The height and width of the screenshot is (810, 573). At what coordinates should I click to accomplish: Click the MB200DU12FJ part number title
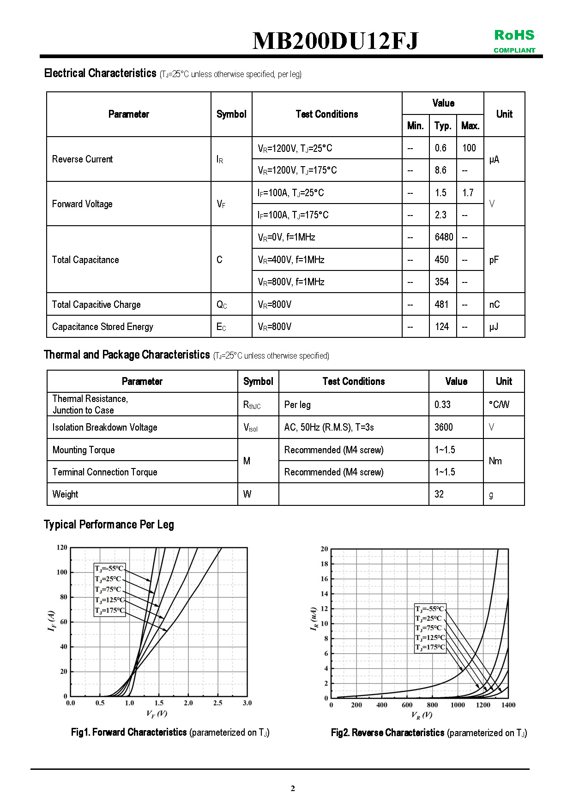335,41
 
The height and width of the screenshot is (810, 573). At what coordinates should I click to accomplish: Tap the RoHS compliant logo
514,41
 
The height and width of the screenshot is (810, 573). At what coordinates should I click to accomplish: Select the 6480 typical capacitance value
443,237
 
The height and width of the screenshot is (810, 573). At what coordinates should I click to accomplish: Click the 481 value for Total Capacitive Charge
441,305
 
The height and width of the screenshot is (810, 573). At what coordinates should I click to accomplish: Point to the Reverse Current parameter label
82,159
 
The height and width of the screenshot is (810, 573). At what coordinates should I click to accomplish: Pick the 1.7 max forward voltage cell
468,193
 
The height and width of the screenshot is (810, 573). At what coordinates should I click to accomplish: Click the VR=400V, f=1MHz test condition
291,260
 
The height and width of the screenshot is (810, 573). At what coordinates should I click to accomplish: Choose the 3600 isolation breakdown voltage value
443,427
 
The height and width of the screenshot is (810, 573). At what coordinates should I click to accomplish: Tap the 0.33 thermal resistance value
442,405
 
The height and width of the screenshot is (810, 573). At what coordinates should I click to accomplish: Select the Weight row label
65,494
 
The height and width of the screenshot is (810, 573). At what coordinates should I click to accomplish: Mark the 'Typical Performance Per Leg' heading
109,525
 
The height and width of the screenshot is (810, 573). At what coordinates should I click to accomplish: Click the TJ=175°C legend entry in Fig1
109,611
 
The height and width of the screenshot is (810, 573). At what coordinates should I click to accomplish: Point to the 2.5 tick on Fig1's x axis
217,703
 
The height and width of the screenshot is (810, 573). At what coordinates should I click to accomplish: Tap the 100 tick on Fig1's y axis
62,572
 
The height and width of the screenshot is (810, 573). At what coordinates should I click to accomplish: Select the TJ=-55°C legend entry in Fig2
429,609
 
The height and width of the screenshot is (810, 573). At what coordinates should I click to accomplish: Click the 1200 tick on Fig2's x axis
483,705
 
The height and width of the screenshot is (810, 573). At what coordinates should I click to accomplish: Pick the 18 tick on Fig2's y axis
324,564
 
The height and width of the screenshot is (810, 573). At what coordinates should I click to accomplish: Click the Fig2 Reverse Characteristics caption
428,733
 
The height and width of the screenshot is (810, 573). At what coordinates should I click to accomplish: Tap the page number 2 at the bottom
293,788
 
